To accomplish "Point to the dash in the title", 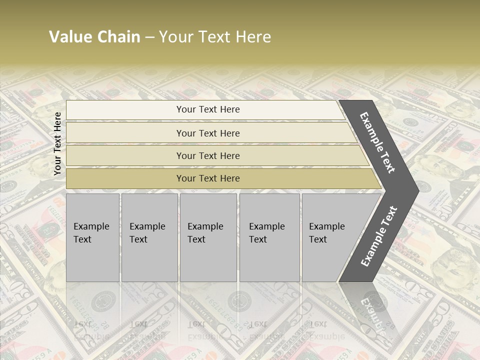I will click(149, 37).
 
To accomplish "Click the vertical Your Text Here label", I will click(57, 143).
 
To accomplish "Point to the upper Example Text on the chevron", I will click(377, 142).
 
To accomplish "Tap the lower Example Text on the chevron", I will click(379, 236).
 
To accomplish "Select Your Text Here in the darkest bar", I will click(208, 178).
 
